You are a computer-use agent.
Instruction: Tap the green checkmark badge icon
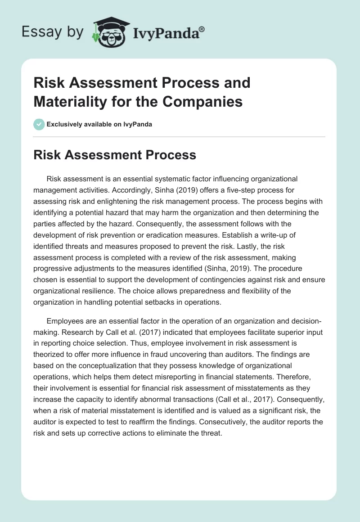click(x=40, y=124)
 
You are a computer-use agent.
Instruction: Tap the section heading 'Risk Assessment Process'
click(x=115, y=155)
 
